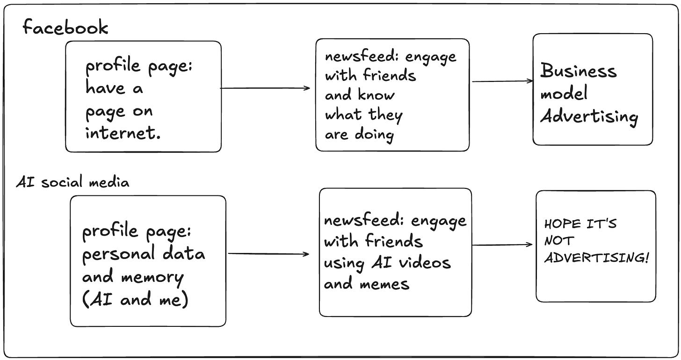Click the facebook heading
pos(65,28)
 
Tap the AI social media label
pos(72,182)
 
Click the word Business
pos(579,72)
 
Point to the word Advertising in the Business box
pos(589,116)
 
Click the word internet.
pos(123,133)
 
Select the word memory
pos(152,278)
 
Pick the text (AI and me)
pos(135,300)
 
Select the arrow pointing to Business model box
pos(502,81)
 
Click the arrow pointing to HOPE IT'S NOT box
pos(502,245)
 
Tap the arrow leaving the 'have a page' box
pos(265,88)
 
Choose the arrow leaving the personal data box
pos(268,254)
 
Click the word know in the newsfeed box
pos(377,95)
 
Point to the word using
pos(344,263)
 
